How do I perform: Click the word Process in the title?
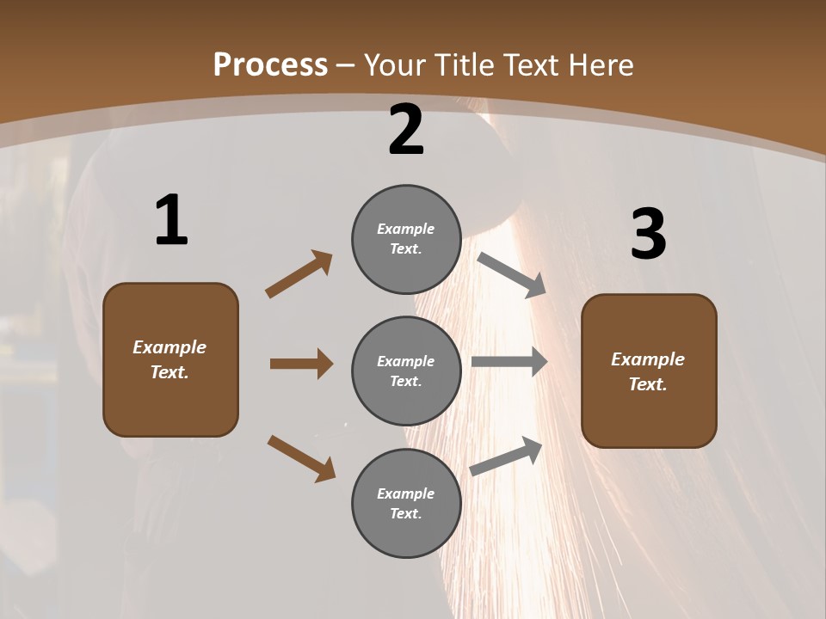270,65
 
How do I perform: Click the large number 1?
171,220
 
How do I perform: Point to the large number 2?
406,130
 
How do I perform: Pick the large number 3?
648,235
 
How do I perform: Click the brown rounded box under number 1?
170,359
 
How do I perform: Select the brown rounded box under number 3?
649,371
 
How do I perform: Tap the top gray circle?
406,239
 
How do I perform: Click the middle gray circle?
406,371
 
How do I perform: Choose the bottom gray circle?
406,503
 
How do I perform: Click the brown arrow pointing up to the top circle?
299,274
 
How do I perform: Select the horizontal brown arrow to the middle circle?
301,364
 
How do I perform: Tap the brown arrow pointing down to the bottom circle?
301,458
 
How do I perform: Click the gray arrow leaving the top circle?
512,275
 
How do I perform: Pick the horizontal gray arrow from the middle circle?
509,362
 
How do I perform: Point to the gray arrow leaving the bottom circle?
506,457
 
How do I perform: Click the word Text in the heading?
527,65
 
